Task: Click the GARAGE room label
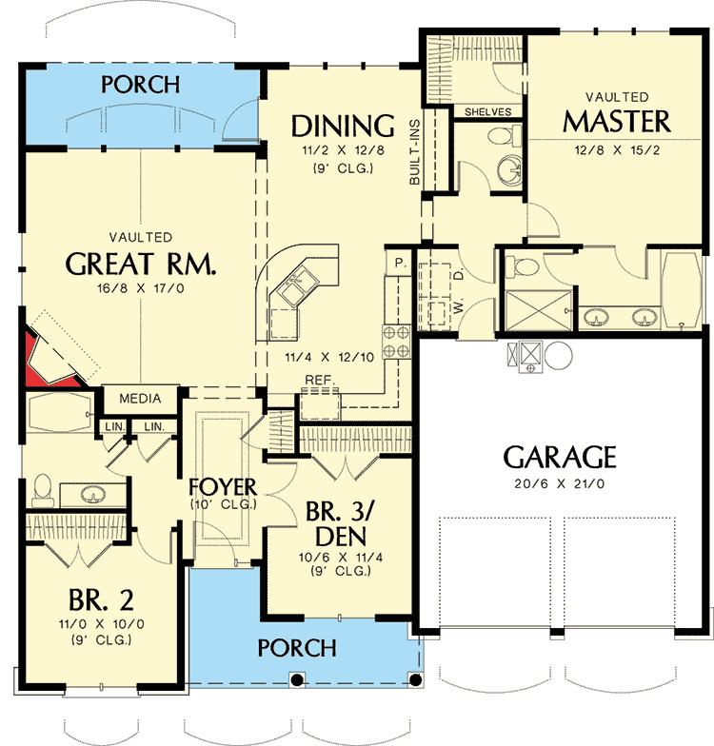[x=560, y=458]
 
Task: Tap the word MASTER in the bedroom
[x=616, y=122]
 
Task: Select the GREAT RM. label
[x=142, y=264]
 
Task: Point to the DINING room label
[x=343, y=126]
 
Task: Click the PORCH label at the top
[x=141, y=84]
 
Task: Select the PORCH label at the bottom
[x=297, y=648]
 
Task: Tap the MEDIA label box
[x=140, y=398]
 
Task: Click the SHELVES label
[x=487, y=111]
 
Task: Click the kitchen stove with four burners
[x=395, y=341]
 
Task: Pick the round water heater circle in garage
[x=558, y=357]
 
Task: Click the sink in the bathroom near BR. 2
[x=92, y=495]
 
